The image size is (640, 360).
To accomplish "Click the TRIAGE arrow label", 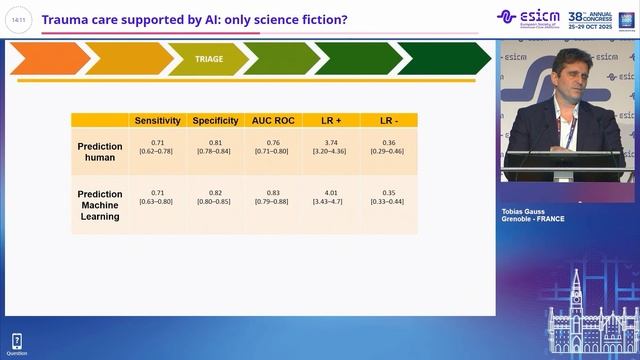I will click(x=209, y=59).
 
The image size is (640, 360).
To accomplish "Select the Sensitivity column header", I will click(x=157, y=121).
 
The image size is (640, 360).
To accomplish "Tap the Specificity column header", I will click(x=214, y=121).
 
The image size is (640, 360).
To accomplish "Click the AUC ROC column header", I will click(x=272, y=121).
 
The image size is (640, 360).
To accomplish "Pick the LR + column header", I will click(x=330, y=121).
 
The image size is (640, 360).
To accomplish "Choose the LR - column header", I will click(x=389, y=121).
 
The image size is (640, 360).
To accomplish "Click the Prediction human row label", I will click(x=100, y=153).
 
